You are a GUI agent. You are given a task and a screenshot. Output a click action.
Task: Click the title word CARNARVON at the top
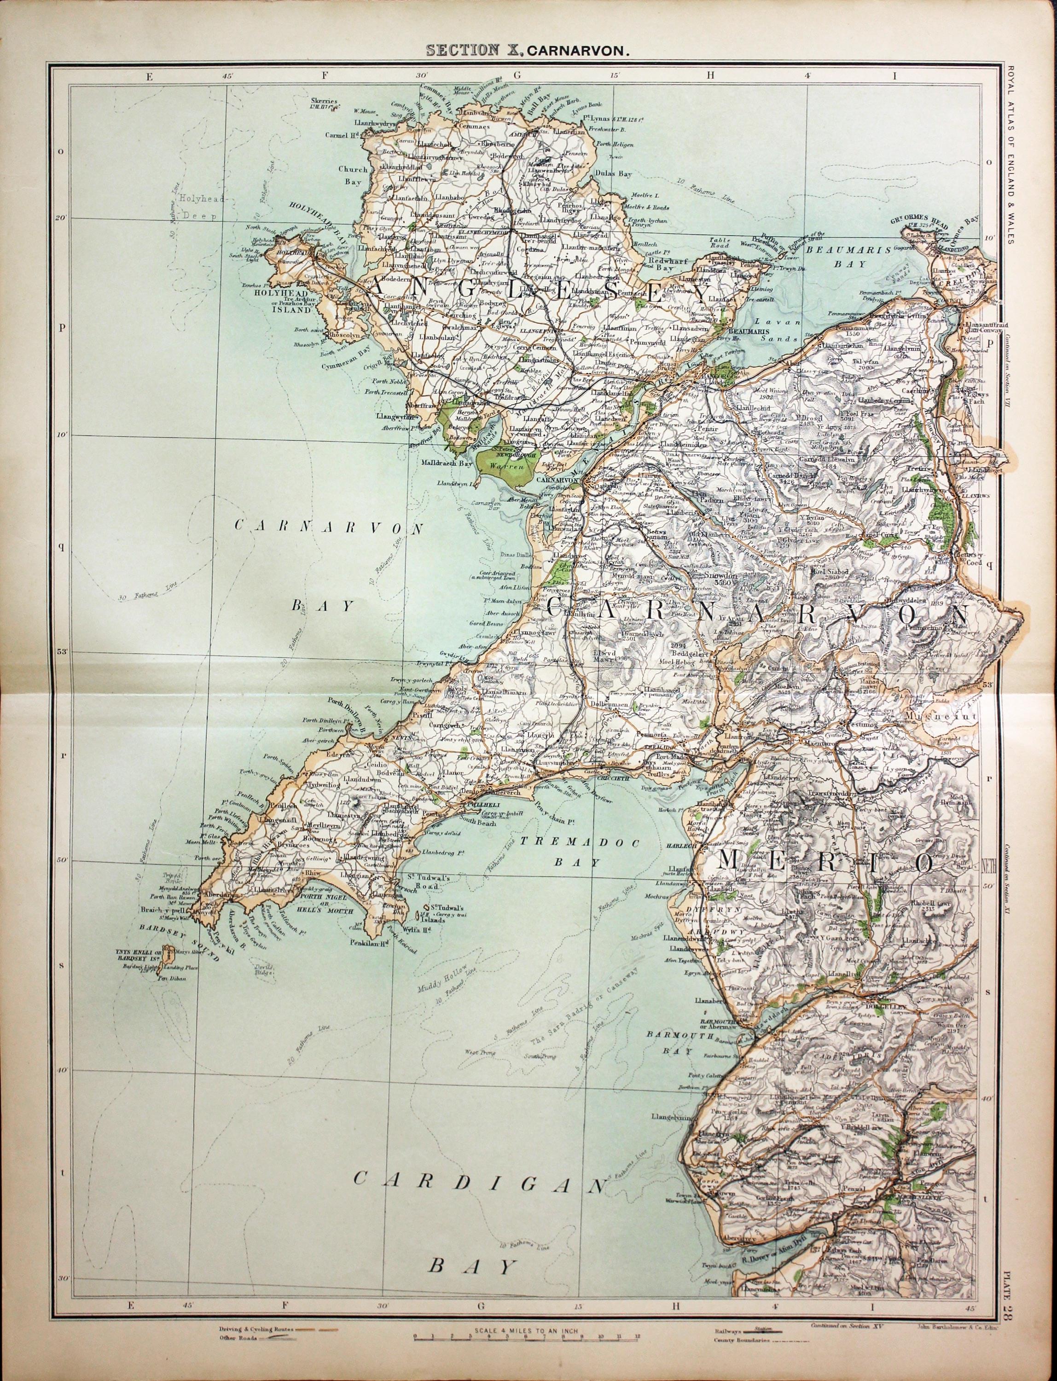[x=578, y=52]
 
